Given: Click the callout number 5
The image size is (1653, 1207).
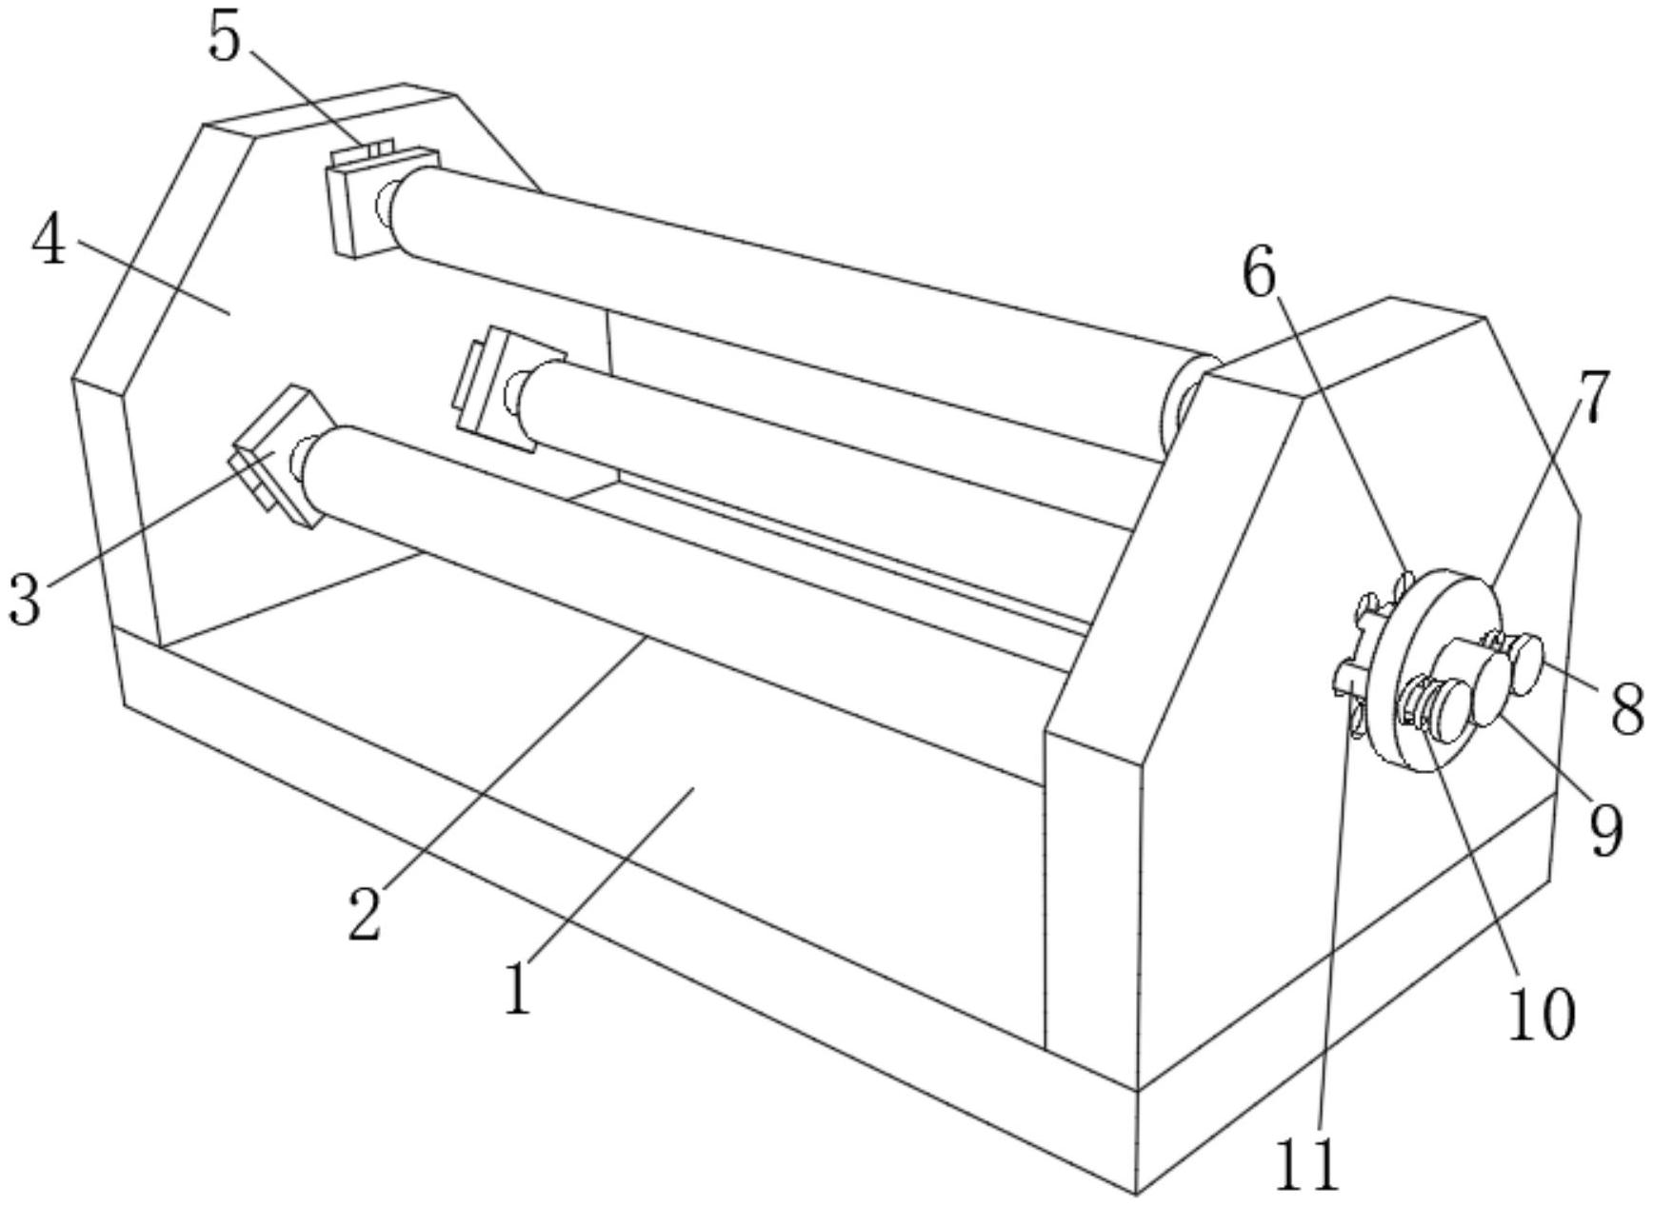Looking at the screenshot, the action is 225,41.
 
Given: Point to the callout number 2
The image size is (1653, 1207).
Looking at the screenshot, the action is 365,914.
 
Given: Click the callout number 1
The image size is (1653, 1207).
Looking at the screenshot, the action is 517,989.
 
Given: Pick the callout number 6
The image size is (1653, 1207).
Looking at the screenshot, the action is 1259,274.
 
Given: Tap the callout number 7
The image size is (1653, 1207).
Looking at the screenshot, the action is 1597,398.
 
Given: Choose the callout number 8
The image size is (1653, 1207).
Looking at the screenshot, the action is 1627,709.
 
